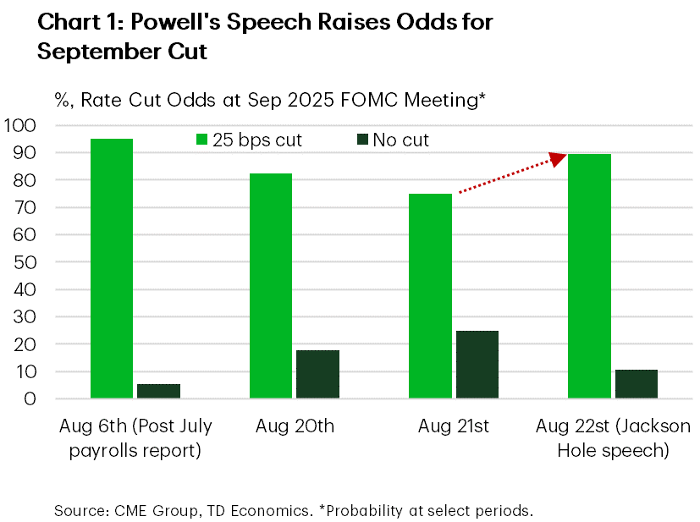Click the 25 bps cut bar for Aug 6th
(x=111, y=268)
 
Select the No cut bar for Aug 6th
(x=158, y=391)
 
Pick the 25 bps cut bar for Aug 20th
(x=271, y=286)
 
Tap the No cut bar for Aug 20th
(x=318, y=374)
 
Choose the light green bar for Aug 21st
(x=430, y=296)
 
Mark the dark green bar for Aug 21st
(x=477, y=365)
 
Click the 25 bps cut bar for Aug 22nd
(x=589, y=276)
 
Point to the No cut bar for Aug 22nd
(x=637, y=384)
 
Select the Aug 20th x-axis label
(x=295, y=426)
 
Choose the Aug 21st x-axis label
(x=454, y=426)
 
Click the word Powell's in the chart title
(x=168, y=23)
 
